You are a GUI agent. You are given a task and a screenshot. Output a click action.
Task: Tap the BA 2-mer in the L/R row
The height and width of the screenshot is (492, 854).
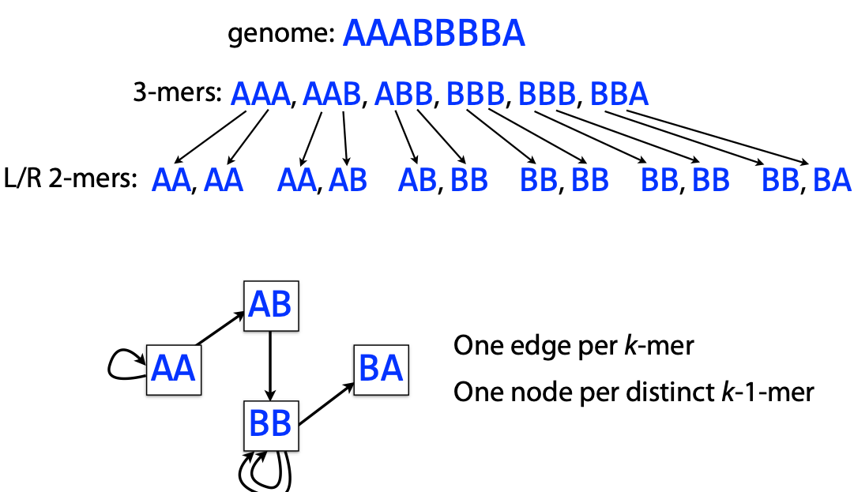(831, 181)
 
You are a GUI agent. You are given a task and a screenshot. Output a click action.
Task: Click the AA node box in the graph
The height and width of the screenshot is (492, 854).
(175, 370)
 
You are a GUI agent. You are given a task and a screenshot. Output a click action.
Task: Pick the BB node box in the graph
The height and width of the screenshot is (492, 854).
(271, 423)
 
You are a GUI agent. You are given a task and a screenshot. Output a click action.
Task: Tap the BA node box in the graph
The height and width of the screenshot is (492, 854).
(381, 369)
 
